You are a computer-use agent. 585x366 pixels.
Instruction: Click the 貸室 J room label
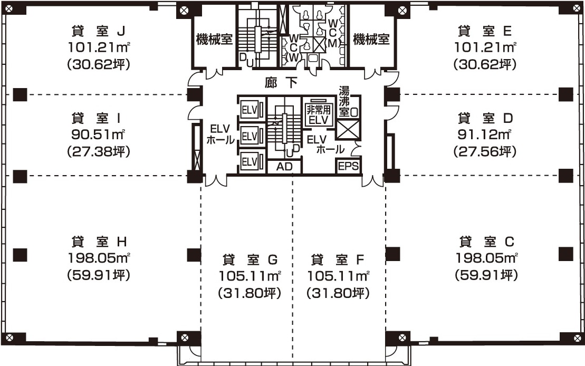pos(99,31)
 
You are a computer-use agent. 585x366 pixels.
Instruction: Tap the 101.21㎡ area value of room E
pos(485,47)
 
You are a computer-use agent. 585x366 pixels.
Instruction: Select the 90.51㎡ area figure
pos(98,134)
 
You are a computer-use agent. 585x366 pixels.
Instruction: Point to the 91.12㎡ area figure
pos(484,134)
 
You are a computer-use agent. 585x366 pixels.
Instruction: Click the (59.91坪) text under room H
pos(99,275)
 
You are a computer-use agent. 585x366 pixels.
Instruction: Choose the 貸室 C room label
pos(486,242)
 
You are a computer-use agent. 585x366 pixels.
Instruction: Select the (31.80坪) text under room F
pos(338,293)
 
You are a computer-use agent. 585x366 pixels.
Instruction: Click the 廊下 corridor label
pos(281,82)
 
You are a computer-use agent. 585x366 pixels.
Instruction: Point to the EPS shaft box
pos(349,166)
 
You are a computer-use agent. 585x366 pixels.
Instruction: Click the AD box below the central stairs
pos(284,167)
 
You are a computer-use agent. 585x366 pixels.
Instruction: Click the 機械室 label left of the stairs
pos(214,39)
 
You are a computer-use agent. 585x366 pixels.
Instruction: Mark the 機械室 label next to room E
pos(371,39)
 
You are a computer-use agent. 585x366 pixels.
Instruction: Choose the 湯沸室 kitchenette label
pos(344,102)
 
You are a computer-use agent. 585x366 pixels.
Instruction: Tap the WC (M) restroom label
pos(333,34)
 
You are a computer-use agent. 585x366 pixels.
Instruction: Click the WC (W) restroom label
pos(294,48)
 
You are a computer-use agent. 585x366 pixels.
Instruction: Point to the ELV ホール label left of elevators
pos(220,134)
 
